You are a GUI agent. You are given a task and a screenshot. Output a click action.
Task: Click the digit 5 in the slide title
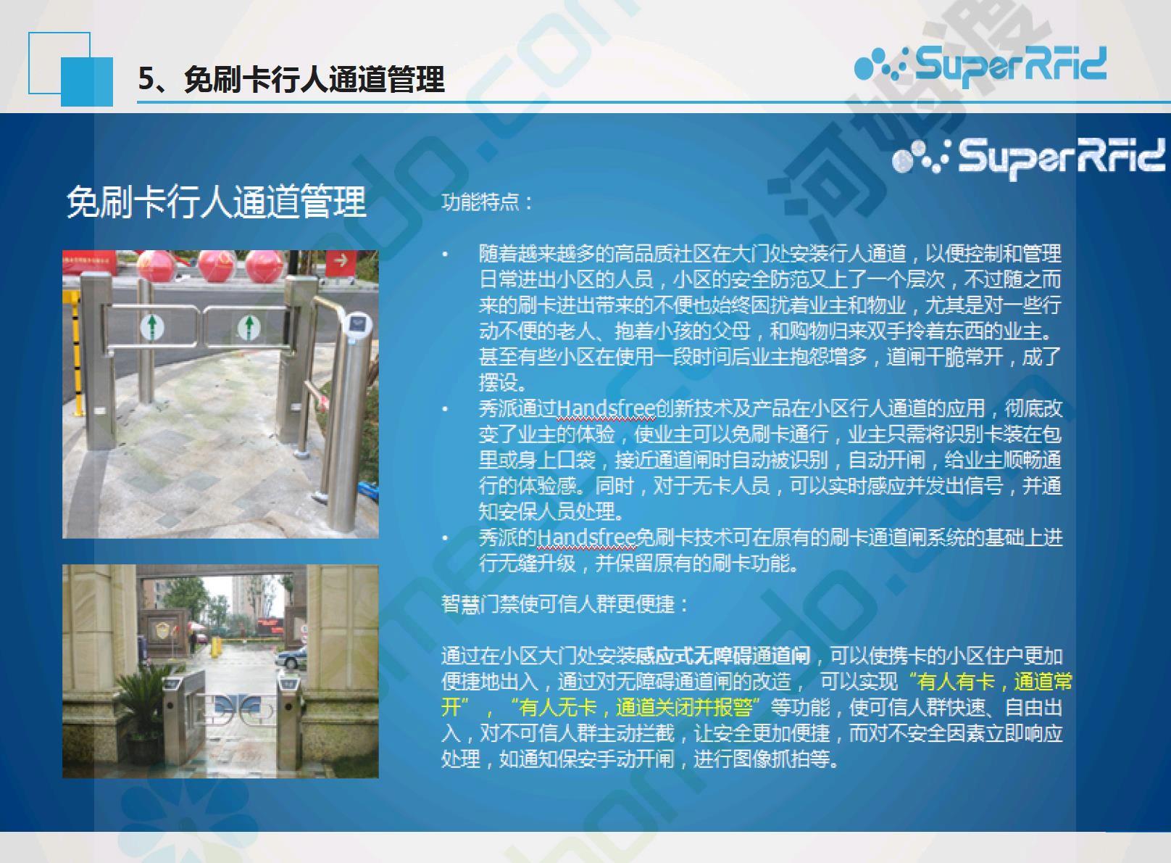pyautogui.click(x=147, y=79)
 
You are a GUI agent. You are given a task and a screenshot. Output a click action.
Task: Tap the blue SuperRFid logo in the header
pyautogui.click(x=980, y=65)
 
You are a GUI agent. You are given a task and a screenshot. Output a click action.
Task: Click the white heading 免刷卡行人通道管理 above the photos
pyautogui.click(x=216, y=202)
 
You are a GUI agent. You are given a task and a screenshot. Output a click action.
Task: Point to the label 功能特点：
pyautogui.click(x=487, y=202)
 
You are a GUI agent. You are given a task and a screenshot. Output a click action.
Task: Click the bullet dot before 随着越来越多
pyautogui.click(x=446, y=255)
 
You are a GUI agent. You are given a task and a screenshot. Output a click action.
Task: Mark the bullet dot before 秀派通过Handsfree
pyautogui.click(x=446, y=409)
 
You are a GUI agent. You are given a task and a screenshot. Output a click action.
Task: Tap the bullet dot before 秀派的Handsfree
pyautogui.click(x=446, y=537)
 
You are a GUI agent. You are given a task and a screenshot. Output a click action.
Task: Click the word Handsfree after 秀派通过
pyautogui.click(x=605, y=408)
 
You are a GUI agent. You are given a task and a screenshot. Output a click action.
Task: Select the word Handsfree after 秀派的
pyautogui.click(x=586, y=537)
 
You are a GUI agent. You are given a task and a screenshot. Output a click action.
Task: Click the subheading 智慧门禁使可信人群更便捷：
pyautogui.click(x=565, y=604)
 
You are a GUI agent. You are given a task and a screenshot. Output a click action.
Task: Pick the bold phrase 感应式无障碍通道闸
pyautogui.click(x=723, y=656)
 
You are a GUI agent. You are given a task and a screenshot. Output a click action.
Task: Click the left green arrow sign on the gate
pyautogui.click(x=152, y=327)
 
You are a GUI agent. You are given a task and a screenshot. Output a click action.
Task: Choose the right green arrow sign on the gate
pyautogui.click(x=249, y=327)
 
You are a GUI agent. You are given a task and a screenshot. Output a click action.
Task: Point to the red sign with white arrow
pyautogui.click(x=341, y=262)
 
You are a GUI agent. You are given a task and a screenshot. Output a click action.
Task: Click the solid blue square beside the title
pyautogui.click(x=87, y=82)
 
